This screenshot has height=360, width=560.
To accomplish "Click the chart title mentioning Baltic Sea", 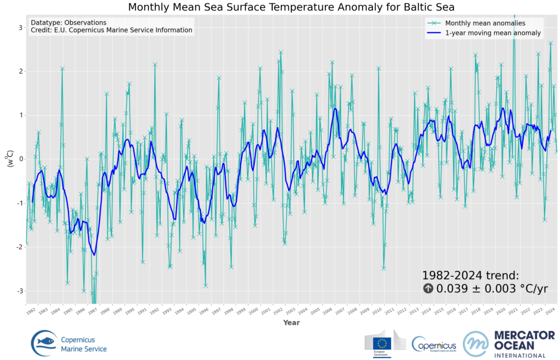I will point(291,7).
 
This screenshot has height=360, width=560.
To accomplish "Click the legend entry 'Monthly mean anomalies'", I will point(485,23).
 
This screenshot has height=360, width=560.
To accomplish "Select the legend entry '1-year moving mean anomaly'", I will point(493,33).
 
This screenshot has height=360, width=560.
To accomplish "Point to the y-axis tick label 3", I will point(20,27).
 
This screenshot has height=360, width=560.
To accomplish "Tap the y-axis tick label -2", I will point(18,247).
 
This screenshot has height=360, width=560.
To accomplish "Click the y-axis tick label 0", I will point(20,159).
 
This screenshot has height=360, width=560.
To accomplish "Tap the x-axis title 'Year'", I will point(291,323).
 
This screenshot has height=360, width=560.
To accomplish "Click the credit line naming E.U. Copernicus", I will point(112,31).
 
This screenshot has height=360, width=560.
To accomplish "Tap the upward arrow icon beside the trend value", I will point(428,289).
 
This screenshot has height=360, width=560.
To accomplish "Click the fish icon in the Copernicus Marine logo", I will point(46,341).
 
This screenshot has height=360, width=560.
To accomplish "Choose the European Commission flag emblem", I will point(381,343).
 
